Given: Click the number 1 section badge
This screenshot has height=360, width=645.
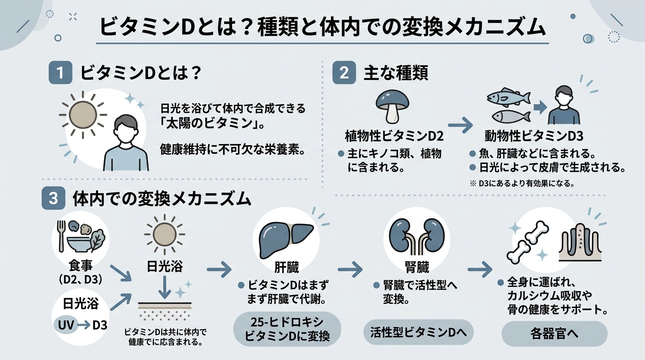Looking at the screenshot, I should click(60, 74).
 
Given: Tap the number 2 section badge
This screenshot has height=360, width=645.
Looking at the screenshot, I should click(344, 74).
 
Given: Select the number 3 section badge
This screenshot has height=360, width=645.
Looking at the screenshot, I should click(53, 199).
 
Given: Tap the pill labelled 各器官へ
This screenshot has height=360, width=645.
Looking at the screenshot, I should click(555, 335).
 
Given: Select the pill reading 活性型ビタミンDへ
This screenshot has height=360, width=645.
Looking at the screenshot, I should click(419, 333).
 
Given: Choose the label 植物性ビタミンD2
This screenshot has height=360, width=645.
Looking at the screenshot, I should click(394, 136).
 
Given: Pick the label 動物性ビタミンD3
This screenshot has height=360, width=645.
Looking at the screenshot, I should click(533, 136).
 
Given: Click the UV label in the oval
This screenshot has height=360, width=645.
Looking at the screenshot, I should click(67, 325).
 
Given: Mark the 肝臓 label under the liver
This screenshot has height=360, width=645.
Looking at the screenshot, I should click(286, 268).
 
